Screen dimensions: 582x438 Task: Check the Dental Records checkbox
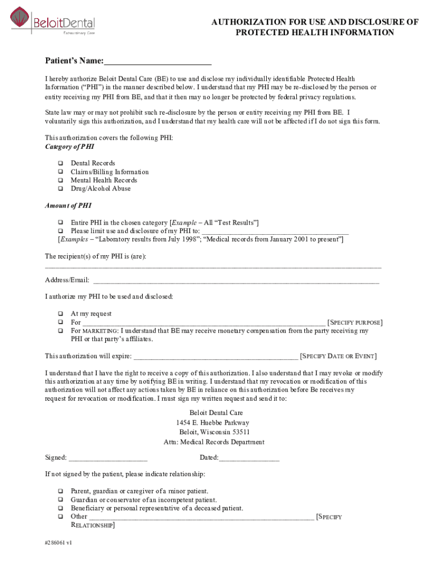click(x=60, y=163)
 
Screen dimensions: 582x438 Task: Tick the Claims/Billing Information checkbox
click(x=60, y=172)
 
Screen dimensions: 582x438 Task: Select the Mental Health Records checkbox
click(x=60, y=180)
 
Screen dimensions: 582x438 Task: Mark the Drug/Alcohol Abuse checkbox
click(x=60, y=189)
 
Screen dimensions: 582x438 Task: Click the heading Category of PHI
click(x=69, y=147)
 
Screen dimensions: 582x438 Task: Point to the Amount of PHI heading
click(x=68, y=206)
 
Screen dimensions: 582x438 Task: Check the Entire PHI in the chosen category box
click(x=60, y=222)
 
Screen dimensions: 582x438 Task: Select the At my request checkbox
click(x=60, y=314)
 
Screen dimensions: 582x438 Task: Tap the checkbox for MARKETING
click(x=60, y=331)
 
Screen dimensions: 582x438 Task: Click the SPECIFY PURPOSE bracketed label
click(x=355, y=322)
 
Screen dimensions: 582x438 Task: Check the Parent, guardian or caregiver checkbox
click(x=60, y=491)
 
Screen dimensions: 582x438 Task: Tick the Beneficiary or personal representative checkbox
click(x=60, y=508)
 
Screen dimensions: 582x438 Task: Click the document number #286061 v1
click(x=59, y=542)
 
